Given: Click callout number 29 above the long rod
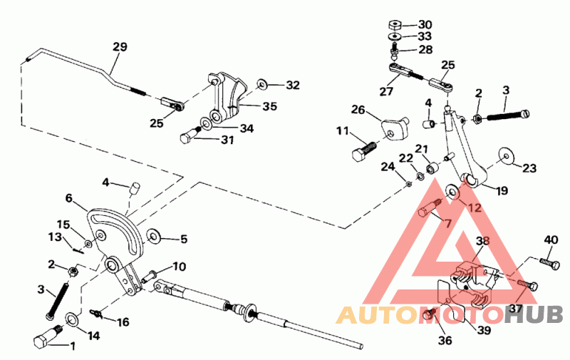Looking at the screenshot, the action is click(120, 47).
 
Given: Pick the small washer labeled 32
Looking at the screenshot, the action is click(261, 85).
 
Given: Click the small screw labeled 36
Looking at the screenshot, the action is click(430, 314).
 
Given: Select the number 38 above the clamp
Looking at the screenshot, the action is click(483, 242).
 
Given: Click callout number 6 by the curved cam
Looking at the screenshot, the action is click(69, 199).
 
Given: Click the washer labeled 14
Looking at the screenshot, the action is click(73, 318).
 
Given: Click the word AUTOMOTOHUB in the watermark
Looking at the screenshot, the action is click(450, 314).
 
